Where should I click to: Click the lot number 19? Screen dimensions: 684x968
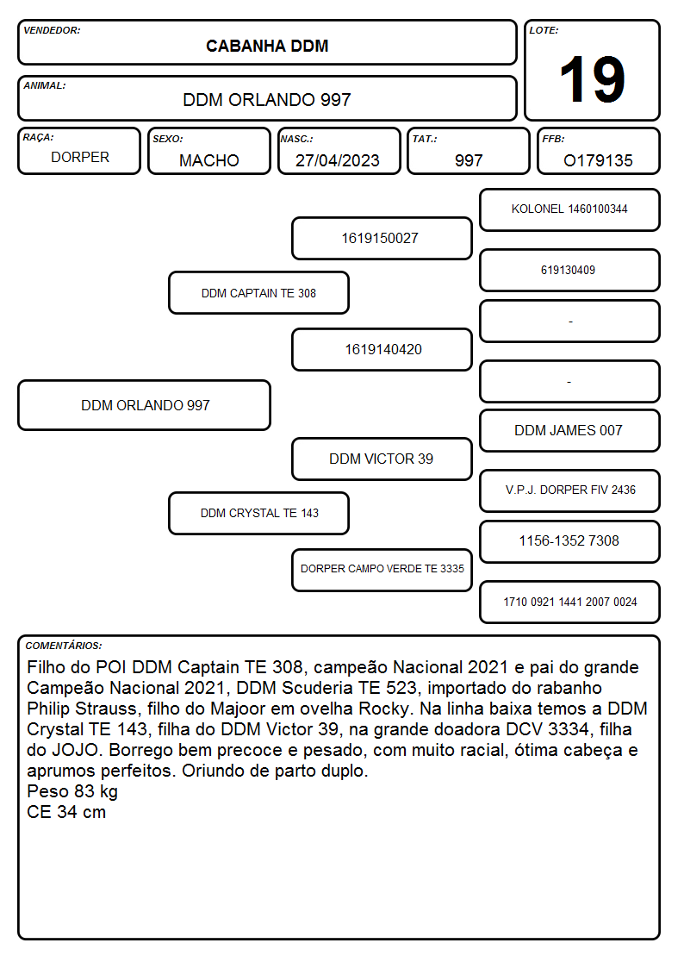pos(592,79)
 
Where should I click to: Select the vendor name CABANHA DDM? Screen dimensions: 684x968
pos(267,47)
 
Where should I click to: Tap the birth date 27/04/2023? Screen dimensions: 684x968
pos(338,160)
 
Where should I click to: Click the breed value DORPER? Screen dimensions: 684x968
pos(80,158)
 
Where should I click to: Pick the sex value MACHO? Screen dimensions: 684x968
pos(209,160)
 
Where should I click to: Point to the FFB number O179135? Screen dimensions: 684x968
pos(598,160)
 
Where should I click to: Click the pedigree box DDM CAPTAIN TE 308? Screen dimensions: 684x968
pos(259,293)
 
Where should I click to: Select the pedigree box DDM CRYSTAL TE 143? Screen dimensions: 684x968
pos(259,513)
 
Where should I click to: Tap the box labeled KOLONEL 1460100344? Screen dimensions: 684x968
pos(570,210)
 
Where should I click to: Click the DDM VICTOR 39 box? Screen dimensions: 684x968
pos(382,459)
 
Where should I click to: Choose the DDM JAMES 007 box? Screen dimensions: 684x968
pos(570,431)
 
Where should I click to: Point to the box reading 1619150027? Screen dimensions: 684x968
pos(382,238)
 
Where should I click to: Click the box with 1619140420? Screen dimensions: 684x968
pos(382,349)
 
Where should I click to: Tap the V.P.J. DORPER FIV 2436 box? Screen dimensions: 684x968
pos(570,490)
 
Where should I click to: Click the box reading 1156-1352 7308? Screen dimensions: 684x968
pos(570,541)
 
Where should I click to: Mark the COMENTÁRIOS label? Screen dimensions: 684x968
pos(64,646)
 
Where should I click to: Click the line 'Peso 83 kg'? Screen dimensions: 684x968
pos(72,791)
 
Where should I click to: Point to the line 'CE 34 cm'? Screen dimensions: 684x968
pos(66,812)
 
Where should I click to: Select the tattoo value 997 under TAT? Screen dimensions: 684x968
pos(469,160)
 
